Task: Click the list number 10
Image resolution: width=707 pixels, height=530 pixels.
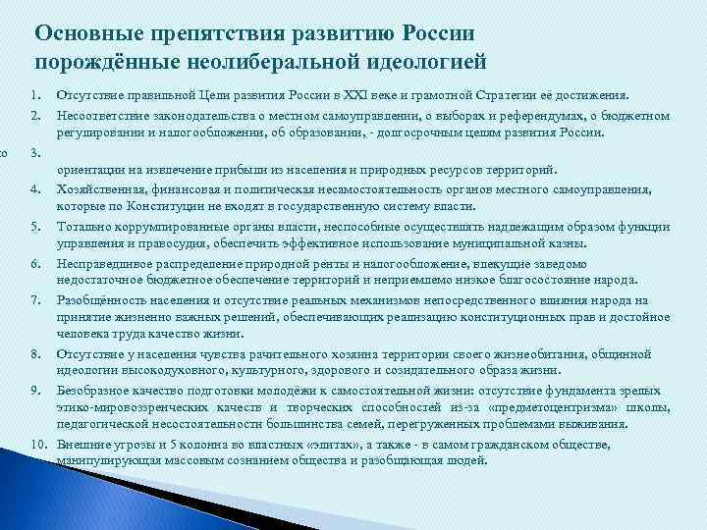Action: [37, 445]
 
